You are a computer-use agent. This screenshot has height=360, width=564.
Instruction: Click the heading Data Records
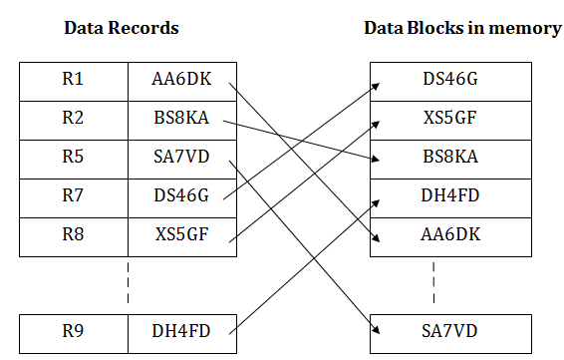(121, 28)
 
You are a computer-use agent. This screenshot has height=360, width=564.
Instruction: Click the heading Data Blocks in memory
(461, 28)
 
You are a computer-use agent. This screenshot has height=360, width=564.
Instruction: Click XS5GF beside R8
(182, 236)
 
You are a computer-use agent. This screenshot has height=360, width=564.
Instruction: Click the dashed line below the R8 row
(129, 282)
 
